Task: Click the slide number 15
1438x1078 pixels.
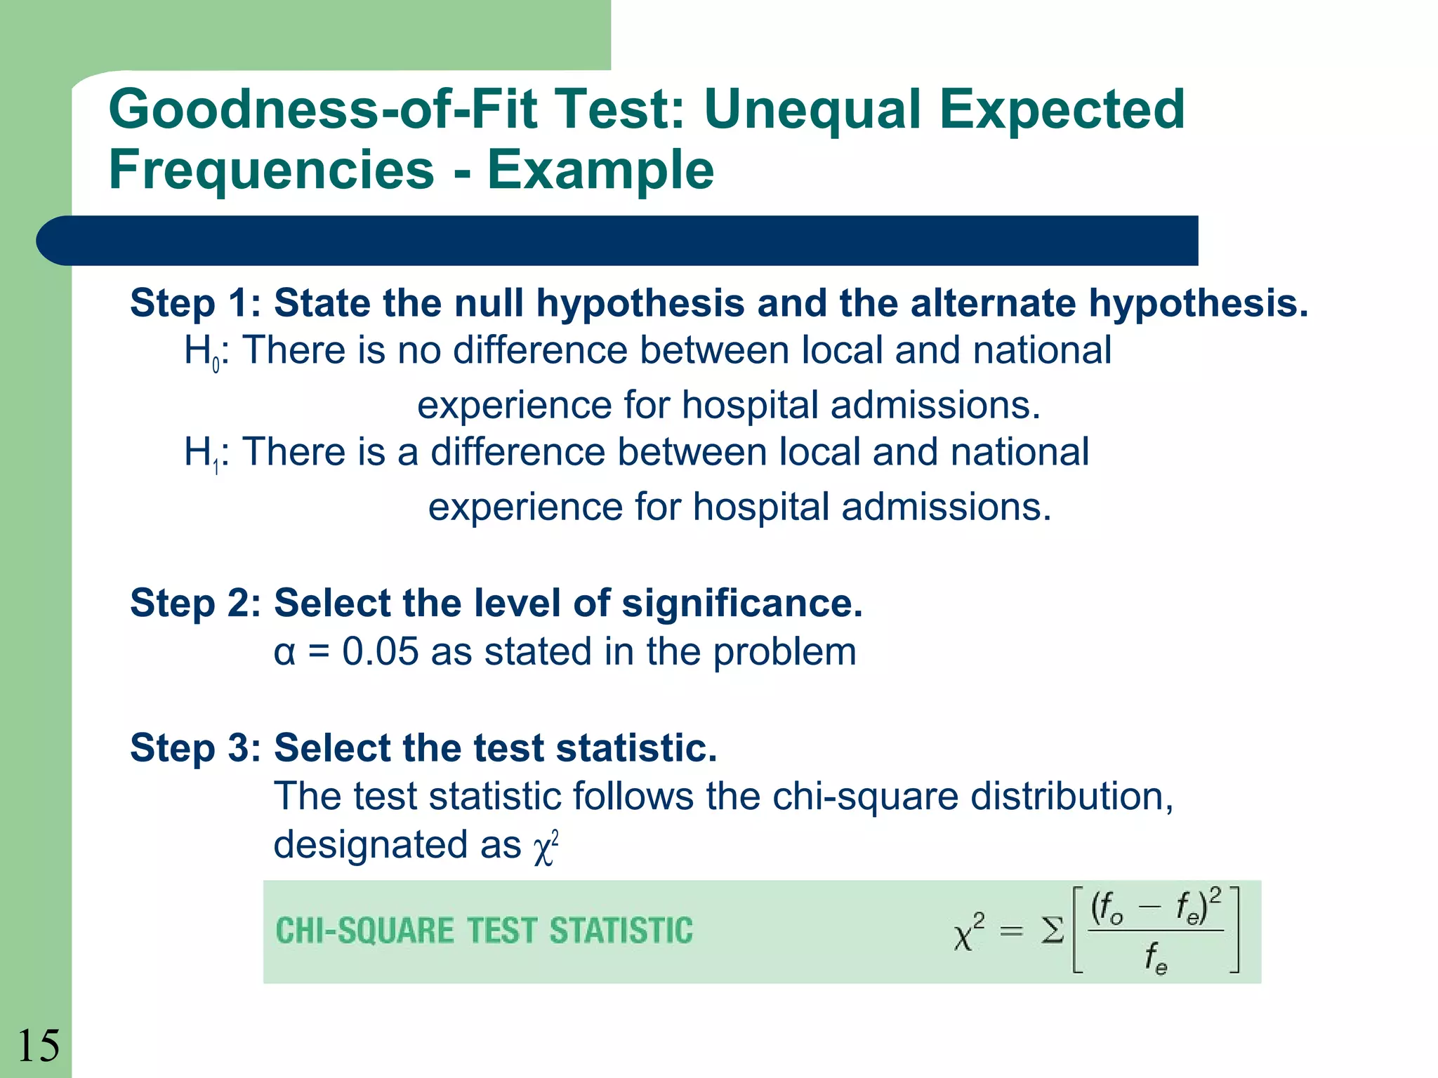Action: [x=39, y=1046]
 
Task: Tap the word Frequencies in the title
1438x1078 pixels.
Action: [x=272, y=171]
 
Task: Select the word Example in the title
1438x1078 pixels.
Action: [x=600, y=171]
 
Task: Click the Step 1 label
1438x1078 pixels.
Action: [x=194, y=303]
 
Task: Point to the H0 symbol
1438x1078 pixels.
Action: [x=202, y=352]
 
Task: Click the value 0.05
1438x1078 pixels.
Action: [x=380, y=652]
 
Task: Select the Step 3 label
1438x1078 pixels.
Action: [x=194, y=748]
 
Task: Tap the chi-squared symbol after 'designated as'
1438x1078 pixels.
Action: [x=546, y=848]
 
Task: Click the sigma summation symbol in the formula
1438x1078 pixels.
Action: [x=1052, y=932]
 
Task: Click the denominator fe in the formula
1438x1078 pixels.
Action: [x=1156, y=958]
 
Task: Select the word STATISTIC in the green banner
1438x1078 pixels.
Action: [x=621, y=931]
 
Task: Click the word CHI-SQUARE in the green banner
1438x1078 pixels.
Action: [x=365, y=931]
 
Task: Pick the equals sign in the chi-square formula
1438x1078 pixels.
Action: [x=1011, y=932]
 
